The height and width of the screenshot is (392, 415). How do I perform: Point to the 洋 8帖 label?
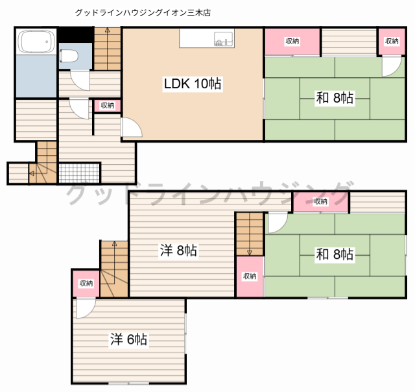179,251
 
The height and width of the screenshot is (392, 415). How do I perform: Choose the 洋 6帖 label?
128,339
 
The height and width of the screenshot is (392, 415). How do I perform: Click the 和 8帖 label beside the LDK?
335,98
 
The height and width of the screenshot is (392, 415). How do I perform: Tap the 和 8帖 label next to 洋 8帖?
335,254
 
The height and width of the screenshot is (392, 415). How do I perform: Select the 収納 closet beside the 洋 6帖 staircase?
86,284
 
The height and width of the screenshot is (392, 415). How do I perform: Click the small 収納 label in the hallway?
107,105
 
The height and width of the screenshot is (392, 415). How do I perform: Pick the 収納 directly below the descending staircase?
250,276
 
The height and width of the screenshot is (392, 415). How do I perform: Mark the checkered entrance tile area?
80,173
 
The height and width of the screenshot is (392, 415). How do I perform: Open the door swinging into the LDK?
130,127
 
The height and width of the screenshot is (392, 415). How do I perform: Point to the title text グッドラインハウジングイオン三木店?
143,12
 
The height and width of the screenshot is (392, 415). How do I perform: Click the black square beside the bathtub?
67,34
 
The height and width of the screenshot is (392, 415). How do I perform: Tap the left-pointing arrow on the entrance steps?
32,173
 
